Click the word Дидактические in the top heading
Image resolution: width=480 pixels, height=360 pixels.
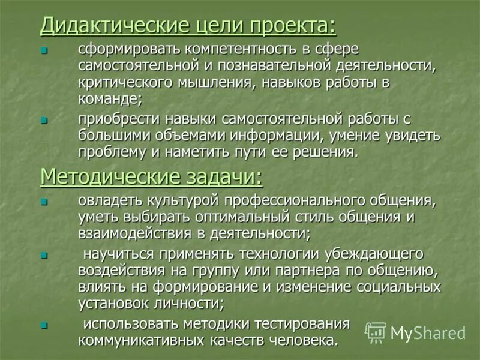click(100, 26)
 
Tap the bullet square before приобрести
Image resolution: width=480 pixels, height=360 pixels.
click(43, 120)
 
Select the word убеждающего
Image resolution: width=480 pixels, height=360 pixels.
click(364, 254)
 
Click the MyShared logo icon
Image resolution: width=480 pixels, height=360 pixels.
click(376, 332)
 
